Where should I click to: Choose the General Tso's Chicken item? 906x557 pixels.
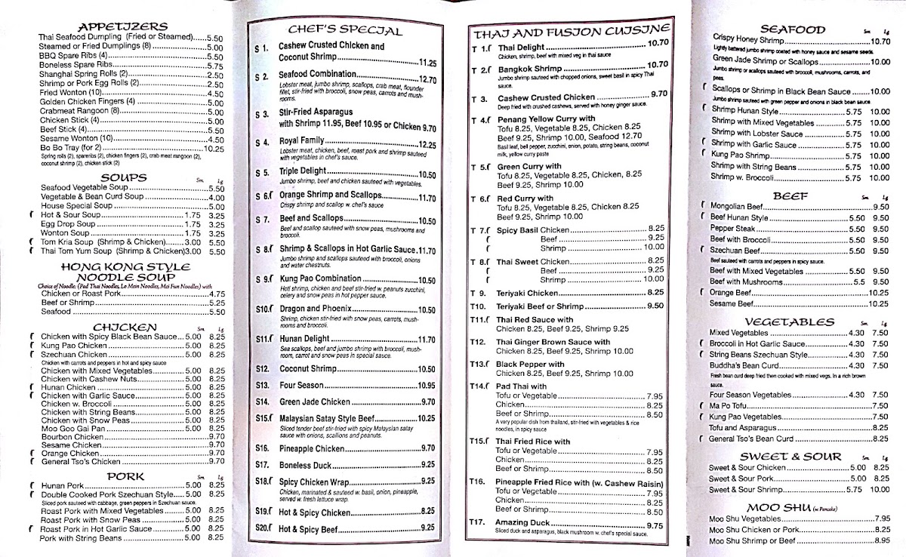[80, 461]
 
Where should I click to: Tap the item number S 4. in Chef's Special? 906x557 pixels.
[262, 142]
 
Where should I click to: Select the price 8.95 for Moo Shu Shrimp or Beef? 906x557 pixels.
[881, 540]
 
